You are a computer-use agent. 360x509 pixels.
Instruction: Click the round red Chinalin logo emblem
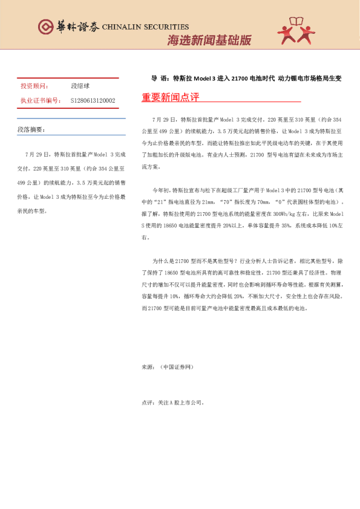click(46, 27)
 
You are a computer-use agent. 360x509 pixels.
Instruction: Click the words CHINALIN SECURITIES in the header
click(145, 27)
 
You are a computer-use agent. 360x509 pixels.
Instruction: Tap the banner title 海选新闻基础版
click(209, 40)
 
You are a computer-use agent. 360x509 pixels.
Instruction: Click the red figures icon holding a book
click(297, 31)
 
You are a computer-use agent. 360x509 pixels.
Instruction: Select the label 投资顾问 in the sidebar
click(35, 87)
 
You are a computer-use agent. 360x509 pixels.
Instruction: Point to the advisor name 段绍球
click(80, 87)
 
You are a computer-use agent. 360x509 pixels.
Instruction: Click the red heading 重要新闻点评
click(171, 97)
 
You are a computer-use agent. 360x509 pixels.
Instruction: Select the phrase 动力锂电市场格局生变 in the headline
click(310, 79)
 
